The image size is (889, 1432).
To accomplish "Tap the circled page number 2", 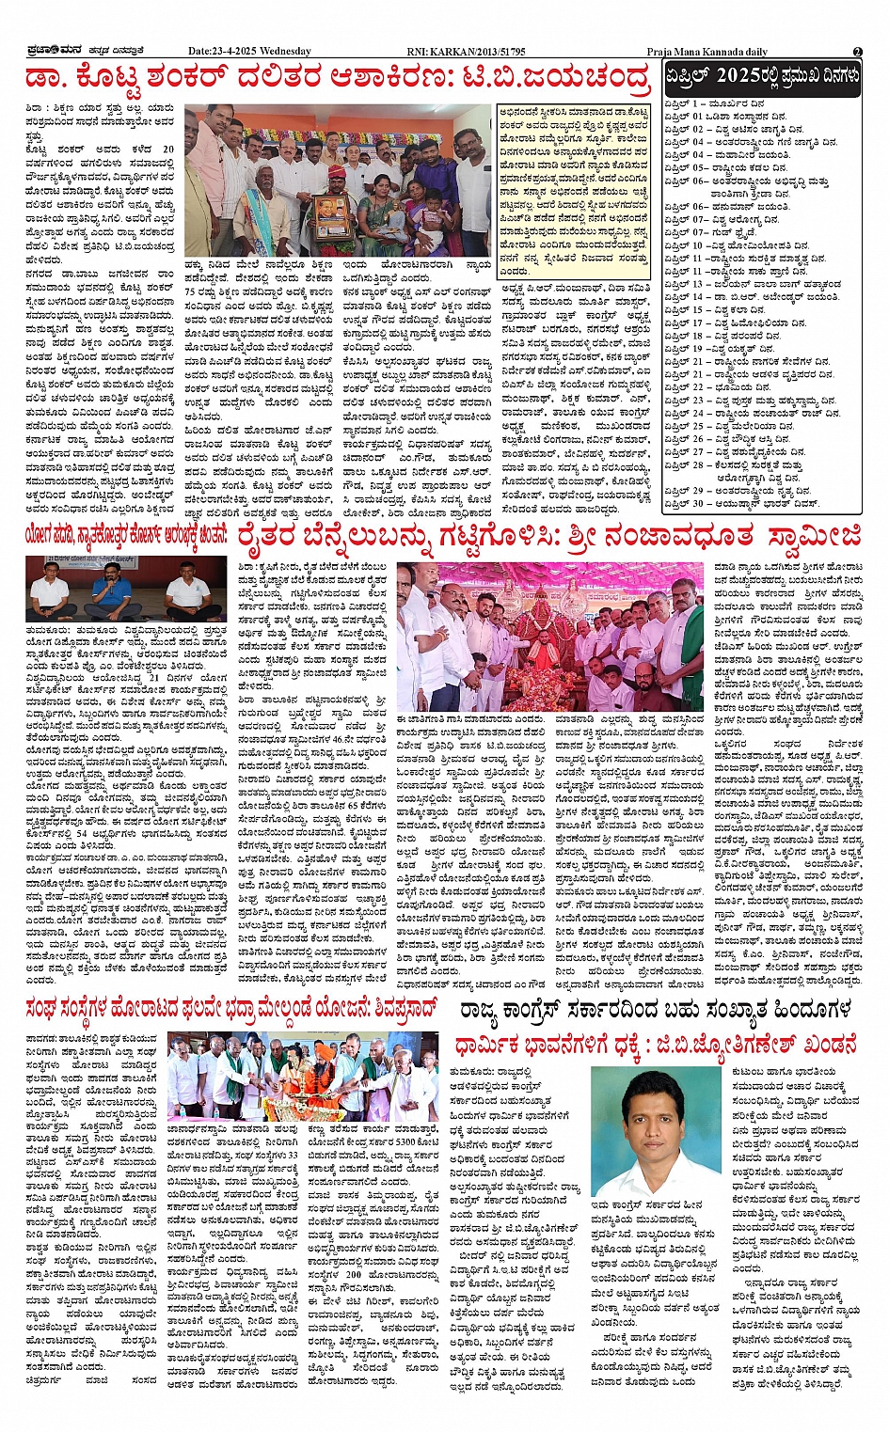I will click(x=857, y=52).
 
